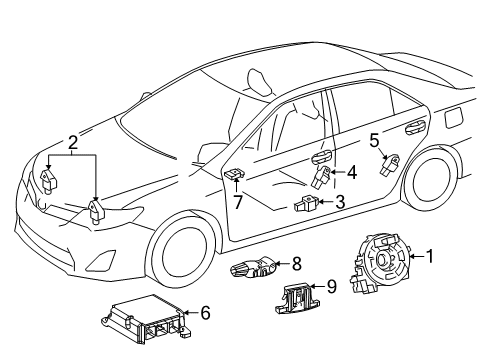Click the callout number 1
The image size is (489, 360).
(431, 256)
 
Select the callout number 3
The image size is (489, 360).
(340, 201)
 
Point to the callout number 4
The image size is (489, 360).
(352, 171)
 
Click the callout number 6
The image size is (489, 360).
(205, 313)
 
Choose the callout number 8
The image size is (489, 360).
(296, 264)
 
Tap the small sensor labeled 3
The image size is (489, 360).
(307, 205)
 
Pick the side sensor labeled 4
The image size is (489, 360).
(325, 176)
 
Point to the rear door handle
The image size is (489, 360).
(412, 128)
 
